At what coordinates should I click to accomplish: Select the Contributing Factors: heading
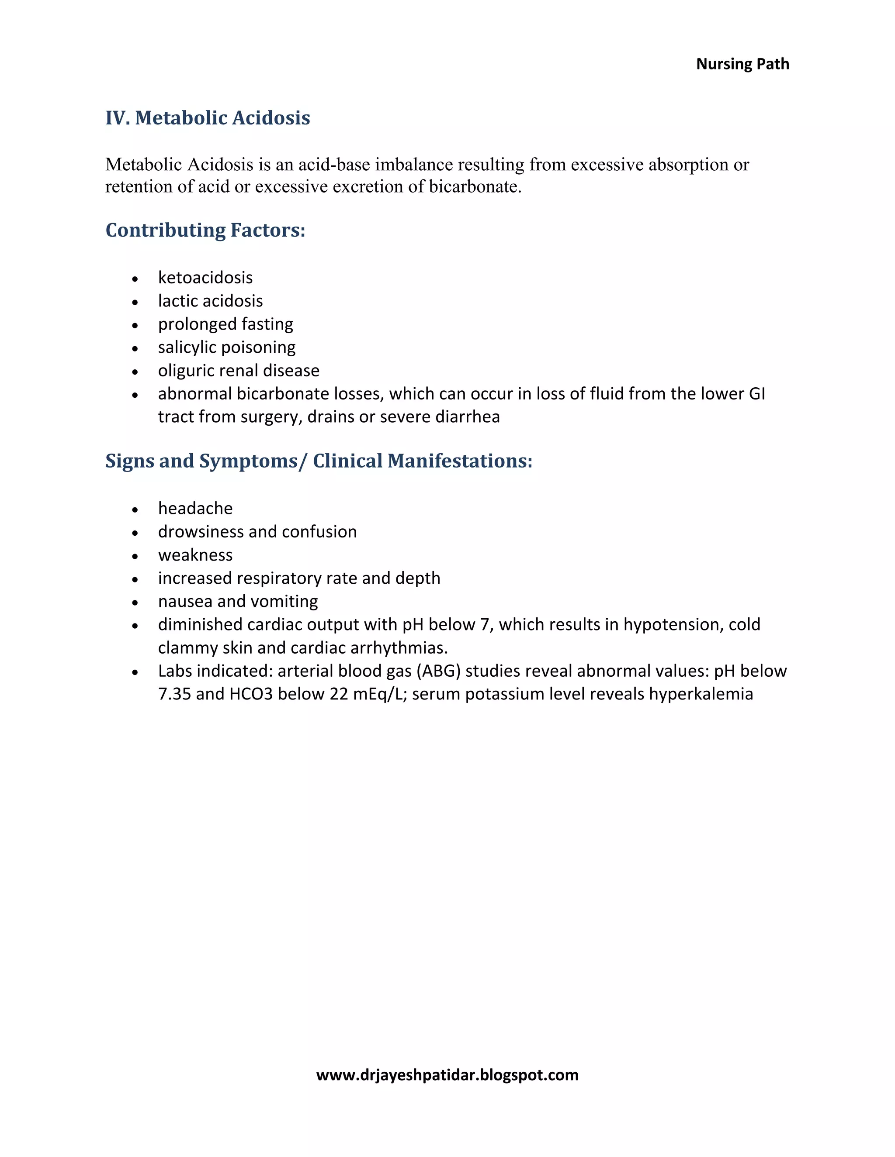click(205, 230)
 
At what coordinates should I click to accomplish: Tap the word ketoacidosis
click(205, 278)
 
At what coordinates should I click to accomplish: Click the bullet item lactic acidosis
click(210, 301)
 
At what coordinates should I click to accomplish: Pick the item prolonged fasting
click(225, 324)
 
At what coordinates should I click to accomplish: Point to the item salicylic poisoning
click(226, 348)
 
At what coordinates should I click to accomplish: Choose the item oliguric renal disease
click(239, 371)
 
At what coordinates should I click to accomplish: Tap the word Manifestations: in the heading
click(459, 461)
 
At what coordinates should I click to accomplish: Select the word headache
click(195, 509)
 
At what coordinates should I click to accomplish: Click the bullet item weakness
click(195, 555)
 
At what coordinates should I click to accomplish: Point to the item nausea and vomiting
click(238, 602)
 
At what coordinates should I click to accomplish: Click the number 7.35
click(174, 695)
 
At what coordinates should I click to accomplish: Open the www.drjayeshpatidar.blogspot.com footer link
click(447, 1075)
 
